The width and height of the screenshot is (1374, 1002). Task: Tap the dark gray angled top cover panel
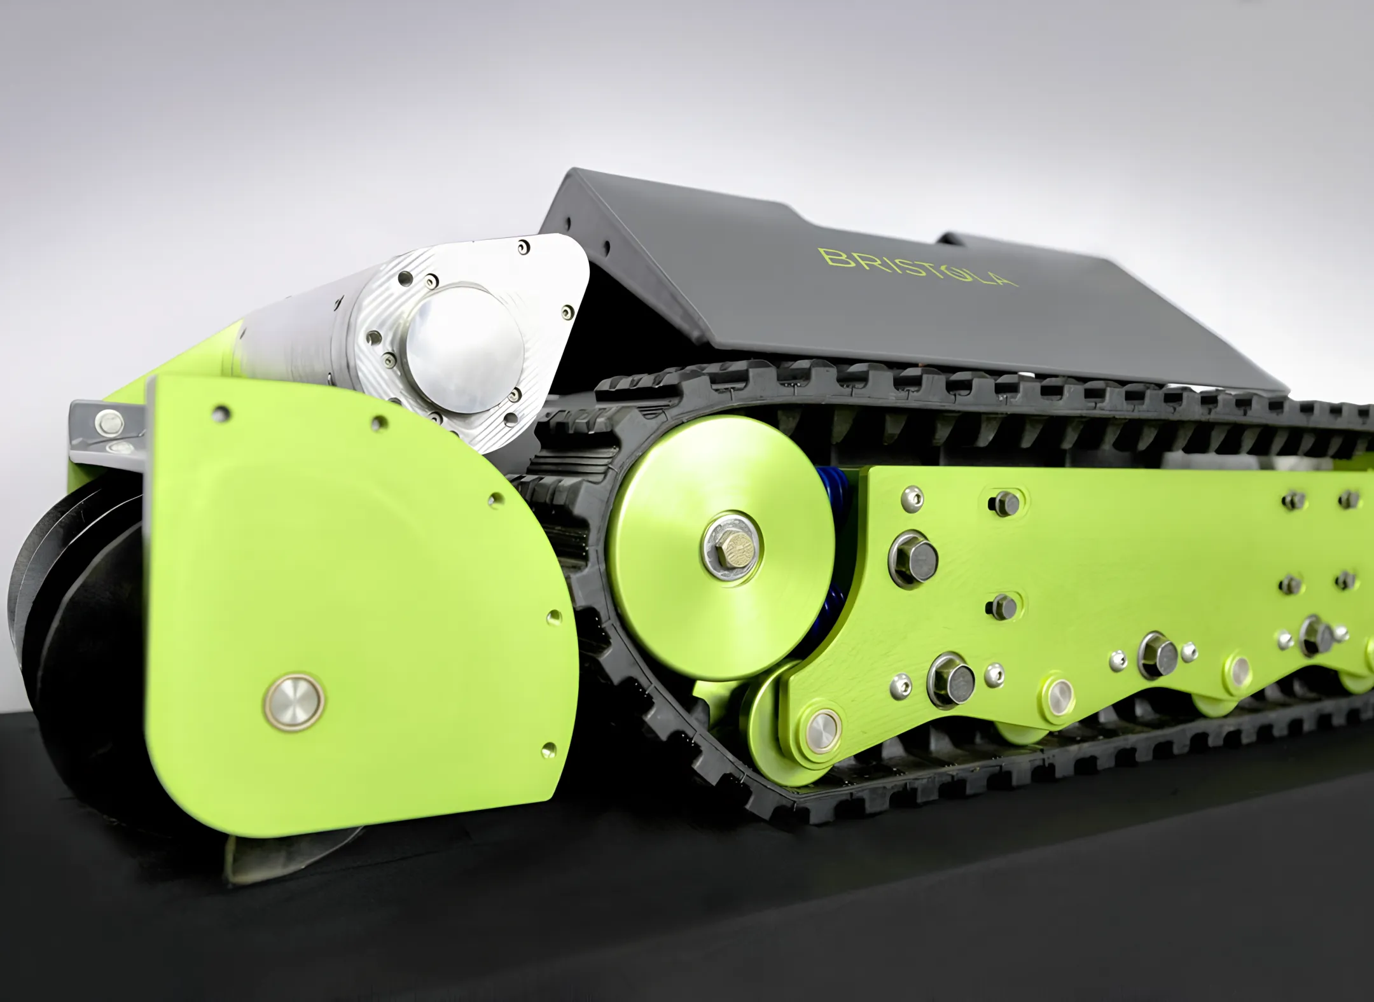tap(891, 280)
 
